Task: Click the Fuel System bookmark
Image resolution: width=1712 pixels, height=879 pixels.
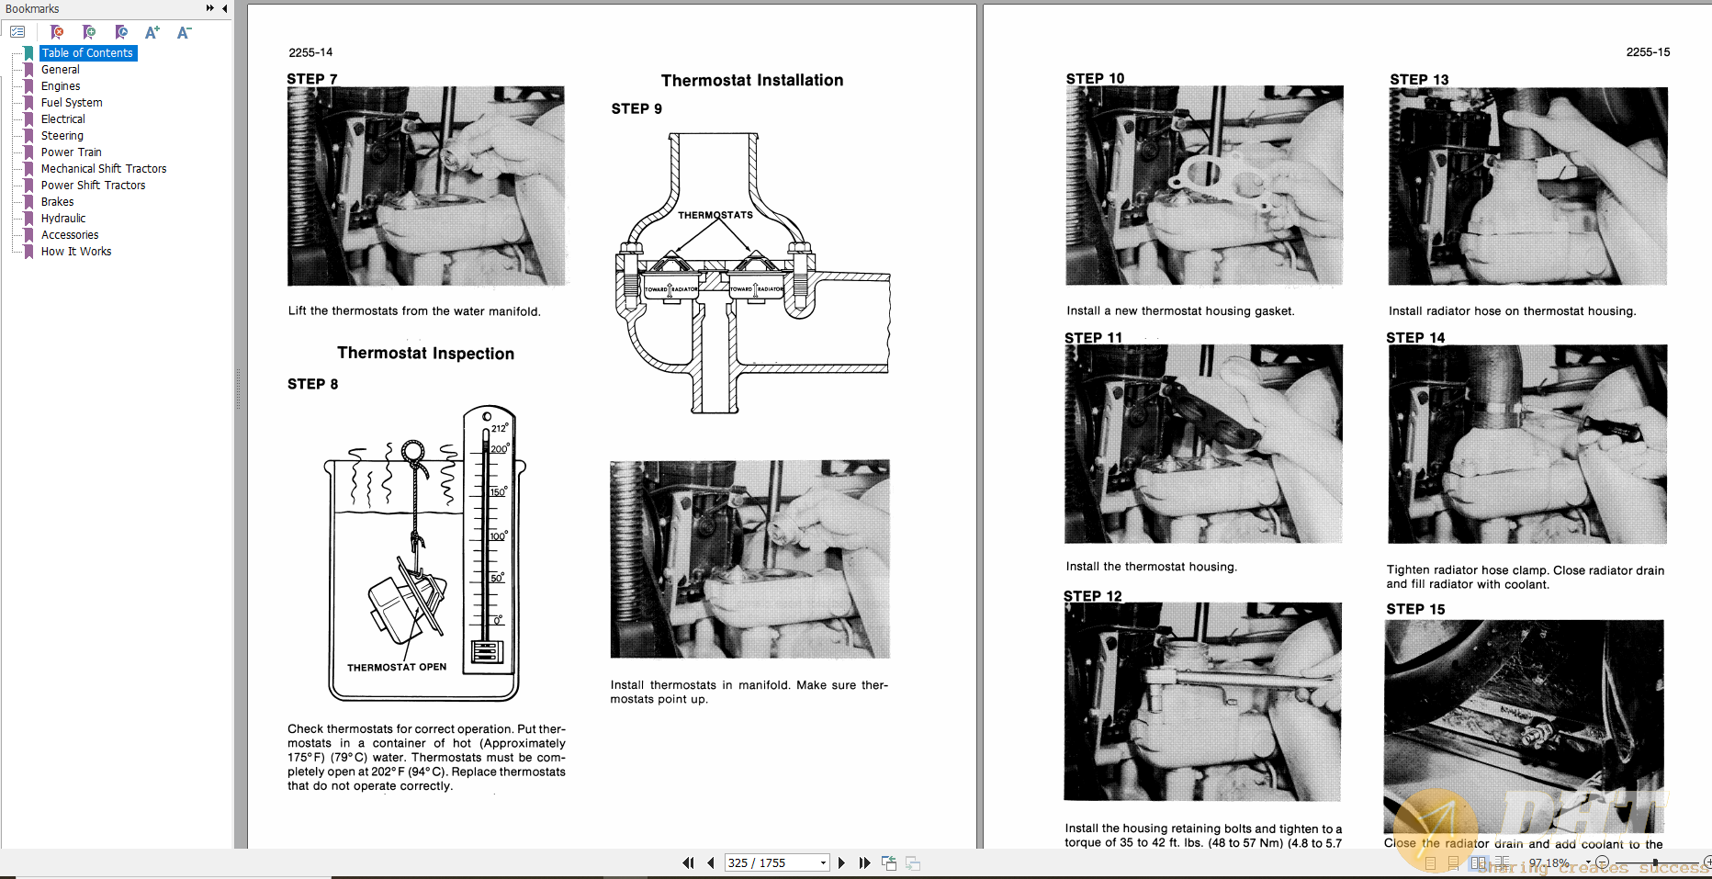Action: (72, 103)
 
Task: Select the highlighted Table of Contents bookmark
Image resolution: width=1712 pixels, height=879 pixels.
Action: (87, 53)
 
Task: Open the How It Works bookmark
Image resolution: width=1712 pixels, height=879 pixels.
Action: (76, 252)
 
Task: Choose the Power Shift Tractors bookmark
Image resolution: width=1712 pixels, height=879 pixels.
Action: (93, 186)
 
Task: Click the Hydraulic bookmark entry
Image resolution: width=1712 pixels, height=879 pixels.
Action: (63, 219)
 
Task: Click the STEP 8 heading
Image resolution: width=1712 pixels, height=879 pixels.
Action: (312, 384)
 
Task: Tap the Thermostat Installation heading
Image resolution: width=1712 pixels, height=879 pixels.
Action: (751, 81)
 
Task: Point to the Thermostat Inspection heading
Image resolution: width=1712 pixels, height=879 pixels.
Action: (425, 354)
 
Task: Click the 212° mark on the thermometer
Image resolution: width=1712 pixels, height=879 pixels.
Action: (499, 428)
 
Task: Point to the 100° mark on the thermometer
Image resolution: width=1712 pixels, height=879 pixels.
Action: (498, 536)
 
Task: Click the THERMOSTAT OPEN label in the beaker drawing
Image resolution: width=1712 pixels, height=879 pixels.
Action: (397, 668)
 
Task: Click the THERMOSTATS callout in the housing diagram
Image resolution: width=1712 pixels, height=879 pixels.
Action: (715, 215)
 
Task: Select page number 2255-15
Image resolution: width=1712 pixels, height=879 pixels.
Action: (1647, 52)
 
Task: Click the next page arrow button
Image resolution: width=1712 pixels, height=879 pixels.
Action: (841, 863)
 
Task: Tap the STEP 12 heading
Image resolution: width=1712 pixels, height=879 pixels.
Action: (1093, 596)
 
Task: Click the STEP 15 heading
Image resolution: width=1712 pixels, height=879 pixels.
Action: (1415, 609)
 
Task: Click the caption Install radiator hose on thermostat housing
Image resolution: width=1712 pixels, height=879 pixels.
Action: (1512, 311)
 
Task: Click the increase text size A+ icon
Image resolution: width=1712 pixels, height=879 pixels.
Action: (152, 32)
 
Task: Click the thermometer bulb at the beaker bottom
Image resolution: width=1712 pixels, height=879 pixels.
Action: (487, 652)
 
